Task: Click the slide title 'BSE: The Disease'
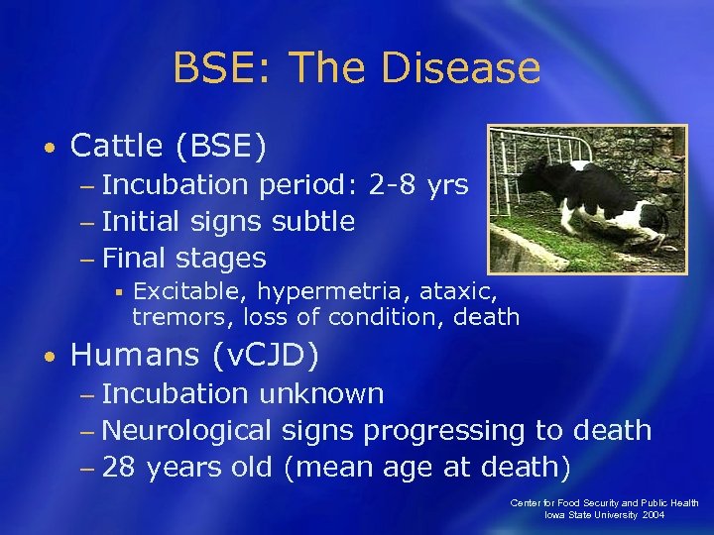pyautogui.click(x=356, y=68)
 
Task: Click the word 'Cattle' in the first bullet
pyautogui.click(x=118, y=147)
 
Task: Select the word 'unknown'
pyautogui.click(x=320, y=393)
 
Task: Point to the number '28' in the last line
pyautogui.click(x=118, y=468)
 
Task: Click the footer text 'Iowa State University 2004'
pyautogui.click(x=605, y=515)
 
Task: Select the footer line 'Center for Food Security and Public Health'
pyautogui.click(x=605, y=503)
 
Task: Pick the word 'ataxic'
pyautogui.click(x=460, y=291)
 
